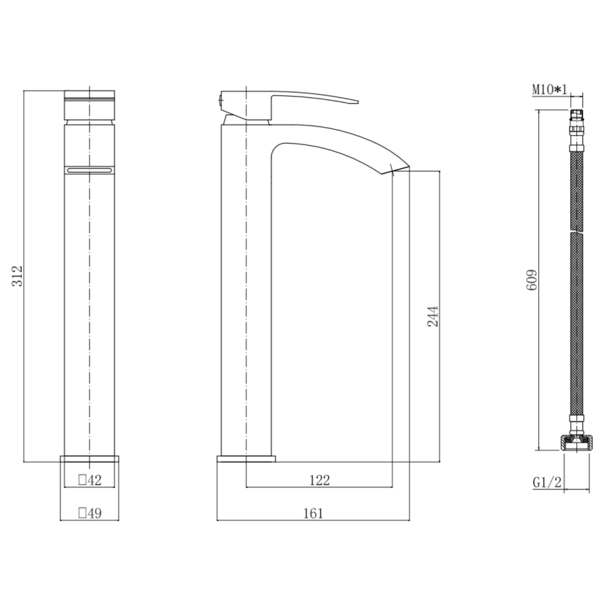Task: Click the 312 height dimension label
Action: [17, 275]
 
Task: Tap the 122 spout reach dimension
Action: [319, 480]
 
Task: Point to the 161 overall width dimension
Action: [313, 513]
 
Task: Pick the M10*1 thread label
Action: [550, 88]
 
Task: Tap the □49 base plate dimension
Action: [89, 513]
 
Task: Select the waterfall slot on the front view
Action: [89, 170]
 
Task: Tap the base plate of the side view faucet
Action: [246, 460]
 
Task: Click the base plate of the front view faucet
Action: [89, 459]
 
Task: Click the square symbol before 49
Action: [82, 513]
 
